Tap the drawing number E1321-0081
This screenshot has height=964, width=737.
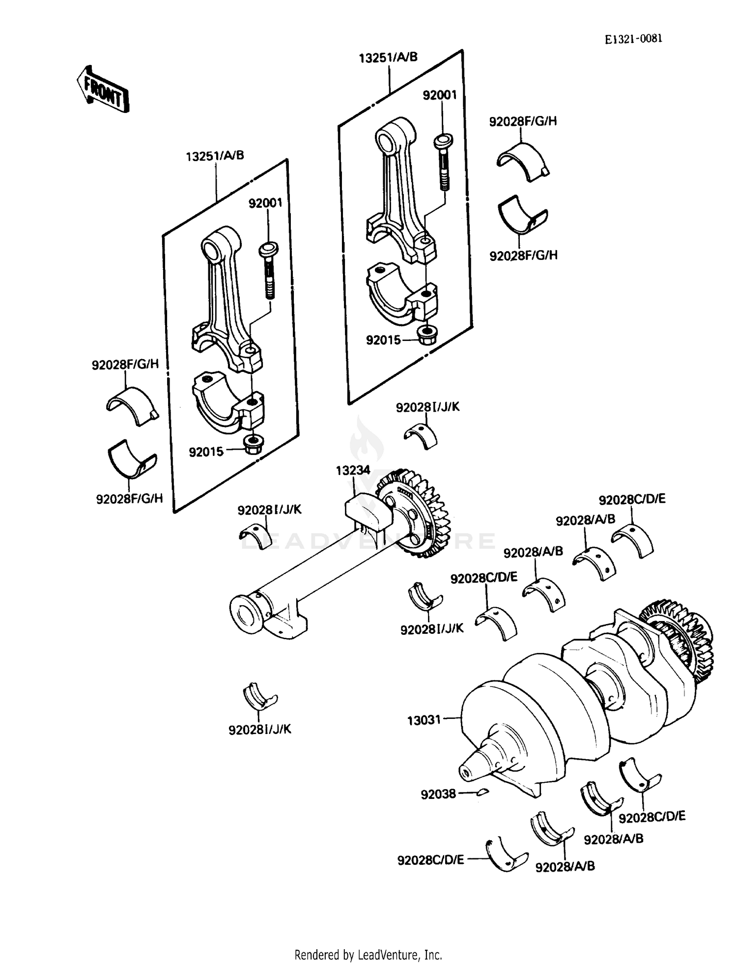tap(633, 39)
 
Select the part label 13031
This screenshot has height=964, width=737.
tap(424, 721)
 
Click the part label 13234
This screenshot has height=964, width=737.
tap(353, 470)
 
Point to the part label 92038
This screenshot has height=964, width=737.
tap(438, 794)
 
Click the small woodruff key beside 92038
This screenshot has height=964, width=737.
tap(482, 792)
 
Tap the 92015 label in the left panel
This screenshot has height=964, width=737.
tap(206, 452)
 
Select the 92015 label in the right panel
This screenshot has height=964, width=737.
tap(383, 340)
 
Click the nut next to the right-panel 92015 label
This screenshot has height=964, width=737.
tap(426, 336)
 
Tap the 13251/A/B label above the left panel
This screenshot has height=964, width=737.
tap(215, 156)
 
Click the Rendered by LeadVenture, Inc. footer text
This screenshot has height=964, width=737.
tap(368, 955)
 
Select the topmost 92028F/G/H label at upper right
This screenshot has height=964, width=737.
tap(523, 121)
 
